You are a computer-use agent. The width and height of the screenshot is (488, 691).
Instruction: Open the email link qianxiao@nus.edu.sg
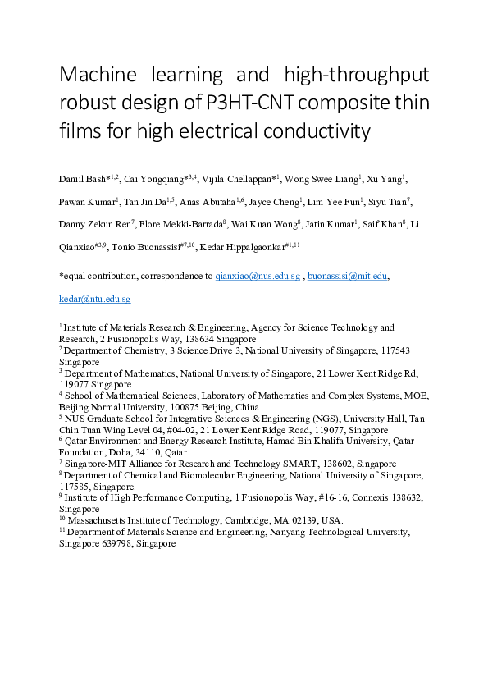[x=258, y=277]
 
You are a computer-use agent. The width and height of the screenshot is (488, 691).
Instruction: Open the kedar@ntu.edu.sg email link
[x=94, y=300]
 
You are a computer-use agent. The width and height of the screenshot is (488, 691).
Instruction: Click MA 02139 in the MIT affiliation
[x=297, y=520]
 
